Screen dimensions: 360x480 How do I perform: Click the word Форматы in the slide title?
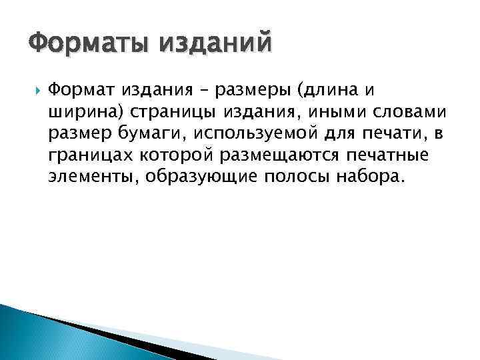(x=86, y=45)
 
